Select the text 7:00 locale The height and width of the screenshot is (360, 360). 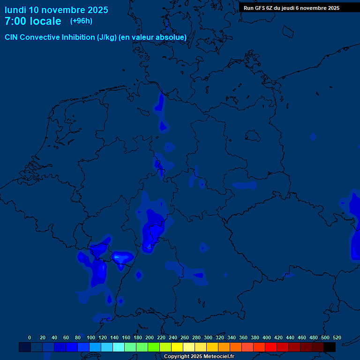click(33, 22)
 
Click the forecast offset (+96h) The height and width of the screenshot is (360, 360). click(81, 21)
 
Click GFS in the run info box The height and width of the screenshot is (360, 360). click(260, 8)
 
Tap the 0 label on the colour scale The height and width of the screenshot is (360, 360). click(30, 337)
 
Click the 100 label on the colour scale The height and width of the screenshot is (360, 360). click(90, 337)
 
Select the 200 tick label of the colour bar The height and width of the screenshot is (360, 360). click(149, 337)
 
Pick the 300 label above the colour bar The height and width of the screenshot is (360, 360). click(208, 337)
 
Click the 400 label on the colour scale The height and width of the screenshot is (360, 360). click(266, 337)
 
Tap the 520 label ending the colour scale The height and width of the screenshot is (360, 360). click(337, 337)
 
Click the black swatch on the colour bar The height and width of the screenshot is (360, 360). click(330, 347)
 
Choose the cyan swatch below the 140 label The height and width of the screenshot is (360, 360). click(119, 347)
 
